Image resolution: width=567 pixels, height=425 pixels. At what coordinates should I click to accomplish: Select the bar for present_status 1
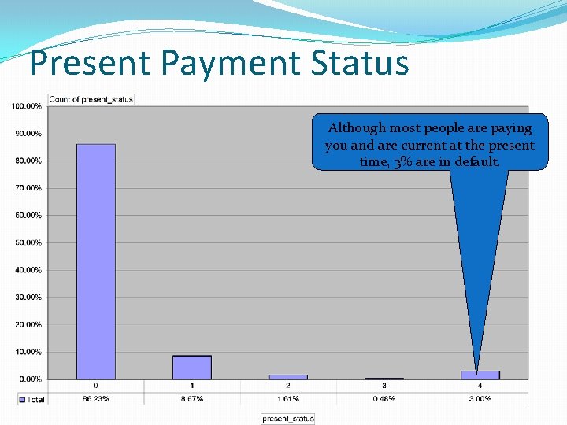192,368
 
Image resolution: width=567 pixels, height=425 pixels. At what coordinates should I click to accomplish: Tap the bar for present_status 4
480,375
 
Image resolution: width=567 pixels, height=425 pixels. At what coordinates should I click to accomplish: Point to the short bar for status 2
288,377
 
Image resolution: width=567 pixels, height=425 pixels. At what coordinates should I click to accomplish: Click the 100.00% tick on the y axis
28,106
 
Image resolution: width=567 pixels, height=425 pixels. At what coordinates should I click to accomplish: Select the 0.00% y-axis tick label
29,379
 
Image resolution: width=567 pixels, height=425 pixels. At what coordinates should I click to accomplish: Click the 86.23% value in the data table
96,399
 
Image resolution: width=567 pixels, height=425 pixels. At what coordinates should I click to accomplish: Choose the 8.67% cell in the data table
192,399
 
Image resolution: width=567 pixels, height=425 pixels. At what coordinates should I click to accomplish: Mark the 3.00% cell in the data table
480,399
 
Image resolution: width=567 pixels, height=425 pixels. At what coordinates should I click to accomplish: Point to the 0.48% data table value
384,399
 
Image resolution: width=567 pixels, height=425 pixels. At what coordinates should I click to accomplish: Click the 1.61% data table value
288,399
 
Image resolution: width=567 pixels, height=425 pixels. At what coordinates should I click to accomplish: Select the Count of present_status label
91,99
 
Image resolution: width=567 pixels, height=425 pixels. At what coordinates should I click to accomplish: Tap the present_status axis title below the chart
288,419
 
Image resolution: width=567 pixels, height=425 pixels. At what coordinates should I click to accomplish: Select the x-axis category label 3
384,386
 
